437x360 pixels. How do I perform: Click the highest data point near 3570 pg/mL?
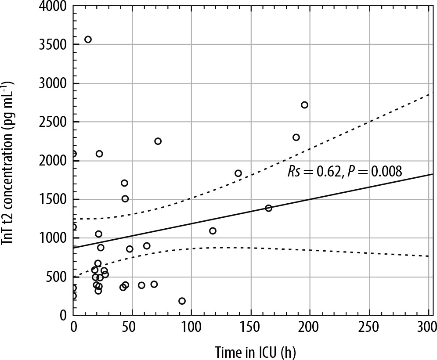[88, 40]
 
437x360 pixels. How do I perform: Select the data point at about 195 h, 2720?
[304, 105]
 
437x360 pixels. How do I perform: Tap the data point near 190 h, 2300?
[296, 137]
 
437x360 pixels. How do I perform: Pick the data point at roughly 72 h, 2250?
[158, 141]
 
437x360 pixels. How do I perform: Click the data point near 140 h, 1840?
[238, 173]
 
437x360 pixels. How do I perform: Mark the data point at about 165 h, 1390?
[268, 208]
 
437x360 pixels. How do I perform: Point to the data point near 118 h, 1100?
[213, 231]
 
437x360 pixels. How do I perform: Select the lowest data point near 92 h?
[182, 301]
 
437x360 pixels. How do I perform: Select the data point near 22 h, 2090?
[99, 154]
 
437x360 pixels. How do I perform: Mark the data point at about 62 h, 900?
[147, 246]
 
